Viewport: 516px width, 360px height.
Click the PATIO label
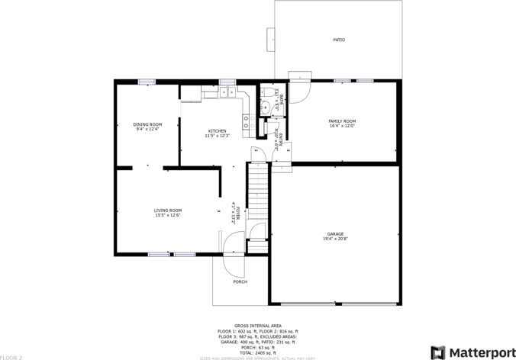click(338, 40)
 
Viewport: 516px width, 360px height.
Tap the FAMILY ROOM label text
click(342, 121)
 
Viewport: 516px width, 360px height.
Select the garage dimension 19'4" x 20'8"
click(335, 239)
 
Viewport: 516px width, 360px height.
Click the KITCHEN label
click(217, 131)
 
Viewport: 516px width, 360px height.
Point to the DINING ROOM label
click(147, 124)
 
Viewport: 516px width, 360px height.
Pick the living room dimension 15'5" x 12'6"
click(167, 215)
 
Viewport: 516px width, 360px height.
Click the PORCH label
click(240, 281)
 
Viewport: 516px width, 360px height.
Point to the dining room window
click(146, 82)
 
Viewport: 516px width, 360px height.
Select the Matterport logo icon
click(437, 352)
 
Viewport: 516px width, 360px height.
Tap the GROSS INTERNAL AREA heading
click(257, 325)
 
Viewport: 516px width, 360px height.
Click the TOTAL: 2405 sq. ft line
click(257, 353)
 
